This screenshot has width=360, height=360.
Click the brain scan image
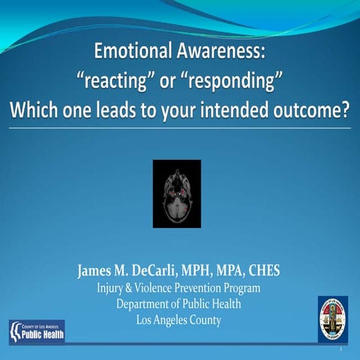(x=177, y=193)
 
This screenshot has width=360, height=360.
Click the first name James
(x=96, y=271)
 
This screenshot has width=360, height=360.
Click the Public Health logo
(x=36, y=331)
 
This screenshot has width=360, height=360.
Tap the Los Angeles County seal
(x=332, y=319)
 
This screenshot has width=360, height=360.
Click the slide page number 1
(x=341, y=350)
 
